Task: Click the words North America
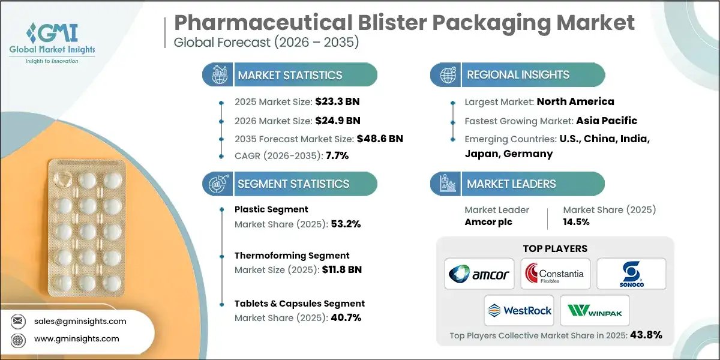(x=575, y=101)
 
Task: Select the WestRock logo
(x=518, y=311)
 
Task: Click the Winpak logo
(x=594, y=311)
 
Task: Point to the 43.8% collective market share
(x=645, y=335)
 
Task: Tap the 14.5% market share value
(x=576, y=221)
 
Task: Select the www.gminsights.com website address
(x=77, y=339)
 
